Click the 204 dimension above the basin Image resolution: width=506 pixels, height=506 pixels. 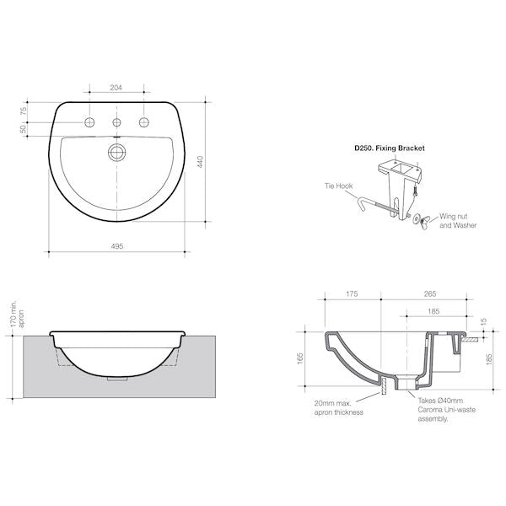click(x=116, y=87)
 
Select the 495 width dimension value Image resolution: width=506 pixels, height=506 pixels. click(x=117, y=245)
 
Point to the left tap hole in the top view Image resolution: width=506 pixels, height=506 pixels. click(x=89, y=123)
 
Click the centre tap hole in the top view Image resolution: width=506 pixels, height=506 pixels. click(x=116, y=123)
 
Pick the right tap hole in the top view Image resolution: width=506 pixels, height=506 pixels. click(x=143, y=123)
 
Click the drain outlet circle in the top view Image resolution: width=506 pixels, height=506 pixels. click(x=116, y=153)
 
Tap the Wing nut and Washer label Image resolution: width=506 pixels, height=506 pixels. click(x=458, y=221)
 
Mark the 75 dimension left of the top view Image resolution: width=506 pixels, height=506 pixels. click(x=24, y=110)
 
